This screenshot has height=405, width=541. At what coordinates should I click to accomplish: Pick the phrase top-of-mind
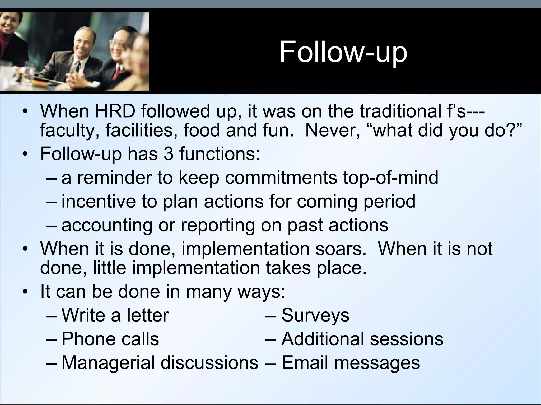[391, 178]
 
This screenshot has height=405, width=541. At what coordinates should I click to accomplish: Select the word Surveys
[315, 315]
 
